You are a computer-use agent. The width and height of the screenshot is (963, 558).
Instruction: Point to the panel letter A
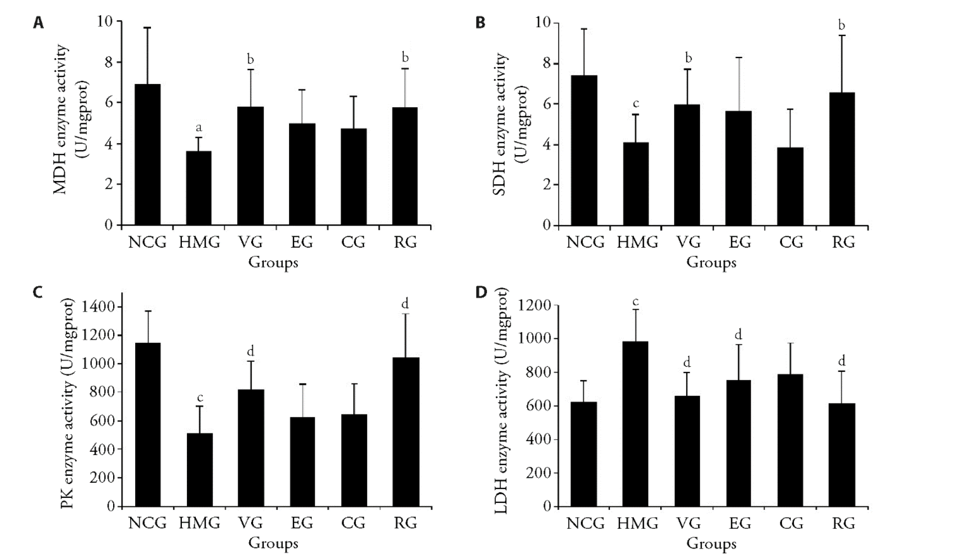click(38, 23)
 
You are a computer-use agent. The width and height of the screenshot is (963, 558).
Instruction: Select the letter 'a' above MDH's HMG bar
click(199, 127)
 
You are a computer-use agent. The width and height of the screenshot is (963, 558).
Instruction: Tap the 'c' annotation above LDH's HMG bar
click(636, 302)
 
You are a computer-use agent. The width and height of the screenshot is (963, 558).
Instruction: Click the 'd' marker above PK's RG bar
click(405, 303)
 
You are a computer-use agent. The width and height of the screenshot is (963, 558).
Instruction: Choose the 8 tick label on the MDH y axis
click(109, 62)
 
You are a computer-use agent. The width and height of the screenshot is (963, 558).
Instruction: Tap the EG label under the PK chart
click(302, 523)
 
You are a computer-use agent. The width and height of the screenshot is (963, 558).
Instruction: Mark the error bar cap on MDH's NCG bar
click(147, 28)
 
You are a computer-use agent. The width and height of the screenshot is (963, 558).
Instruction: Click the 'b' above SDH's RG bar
click(842, 25)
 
